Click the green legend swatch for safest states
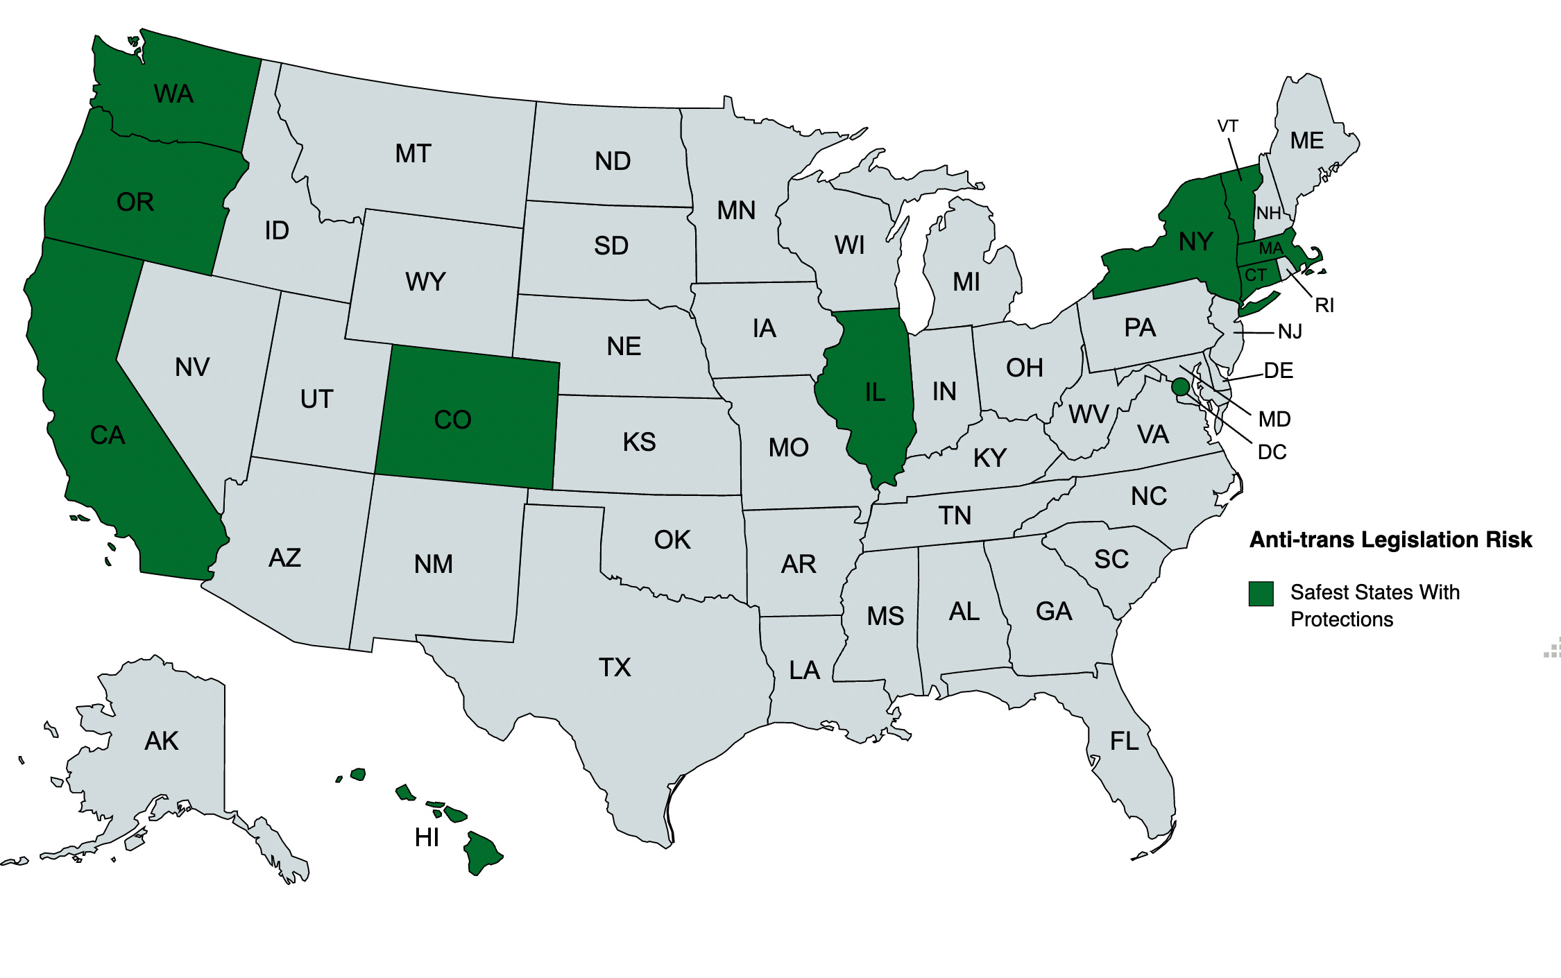[x=1261, y=594]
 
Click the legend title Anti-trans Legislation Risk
[x=1390, y=540]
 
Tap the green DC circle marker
[x=1180, y=387]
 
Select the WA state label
[x=173, y=94]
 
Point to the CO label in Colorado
[x=452, y=420]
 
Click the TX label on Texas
[x=615, y=667]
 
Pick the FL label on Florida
[x=1124, y=741]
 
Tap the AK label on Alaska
[x=162, y=741]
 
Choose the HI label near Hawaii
[x=427, y=837]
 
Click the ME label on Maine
[x=1306, y=141]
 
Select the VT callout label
[x=1227, y=126]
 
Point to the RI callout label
[x=1324, y=305]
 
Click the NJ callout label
[x=1290, y=332]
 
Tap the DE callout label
[x=1278, y=370]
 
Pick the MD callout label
[x=1274, y=419]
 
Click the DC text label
[x=1272, y=452]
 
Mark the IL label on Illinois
[x=875, y=393]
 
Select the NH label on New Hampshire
[x=1268, y=213]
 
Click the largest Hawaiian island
[x=481, y=852]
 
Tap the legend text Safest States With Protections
[x=1374, y=606]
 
